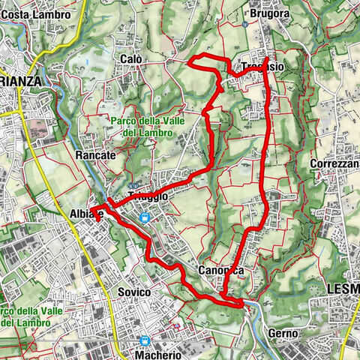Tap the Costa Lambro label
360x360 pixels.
[x=36, y=14]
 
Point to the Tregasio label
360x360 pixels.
[x=262, y=67]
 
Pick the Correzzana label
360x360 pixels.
[x=334, y=163]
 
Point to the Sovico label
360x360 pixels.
[x=134, y=291]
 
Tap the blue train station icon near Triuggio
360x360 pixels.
[x=146, y=217]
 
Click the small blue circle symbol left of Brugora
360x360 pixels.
[x=245, y=24]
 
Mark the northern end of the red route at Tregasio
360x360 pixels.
[x=268, y=57]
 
